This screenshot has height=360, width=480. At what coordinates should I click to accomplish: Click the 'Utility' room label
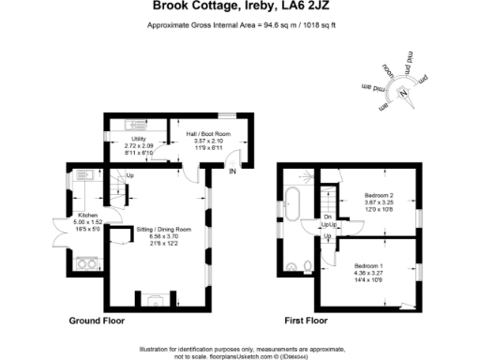pos(139,140)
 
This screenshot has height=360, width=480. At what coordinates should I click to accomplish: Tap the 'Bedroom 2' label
pos(378,195)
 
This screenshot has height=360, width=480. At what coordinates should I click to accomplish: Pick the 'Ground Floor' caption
pos(97,321)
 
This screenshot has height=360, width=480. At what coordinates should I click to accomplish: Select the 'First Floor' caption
pos(303,321)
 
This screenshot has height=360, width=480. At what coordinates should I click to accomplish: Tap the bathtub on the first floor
pos(292,202)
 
